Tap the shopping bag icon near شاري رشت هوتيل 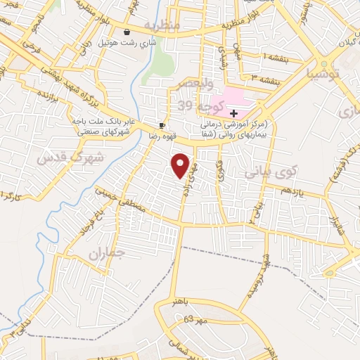[127, 32]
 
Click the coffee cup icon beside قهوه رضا [162, 125]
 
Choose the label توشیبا [324, 73]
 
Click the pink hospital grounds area [229, 98]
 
